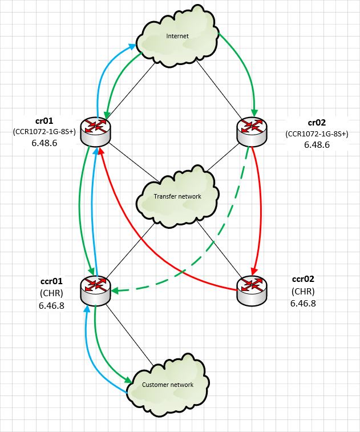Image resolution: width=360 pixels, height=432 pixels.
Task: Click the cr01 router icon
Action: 95,131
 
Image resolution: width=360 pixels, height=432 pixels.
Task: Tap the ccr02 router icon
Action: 251,289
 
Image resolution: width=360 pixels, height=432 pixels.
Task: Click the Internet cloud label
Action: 177,37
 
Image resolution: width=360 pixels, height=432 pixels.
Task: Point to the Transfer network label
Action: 177,196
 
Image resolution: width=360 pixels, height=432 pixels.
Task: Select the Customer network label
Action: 168,384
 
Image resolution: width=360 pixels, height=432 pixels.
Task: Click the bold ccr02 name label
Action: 302,280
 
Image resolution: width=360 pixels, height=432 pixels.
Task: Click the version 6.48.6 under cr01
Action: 45,144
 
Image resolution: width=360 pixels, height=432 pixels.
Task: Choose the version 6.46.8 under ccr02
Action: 302,303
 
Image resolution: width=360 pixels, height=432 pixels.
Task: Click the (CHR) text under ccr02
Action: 302,292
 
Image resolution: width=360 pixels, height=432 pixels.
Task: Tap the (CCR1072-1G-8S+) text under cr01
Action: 45,132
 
